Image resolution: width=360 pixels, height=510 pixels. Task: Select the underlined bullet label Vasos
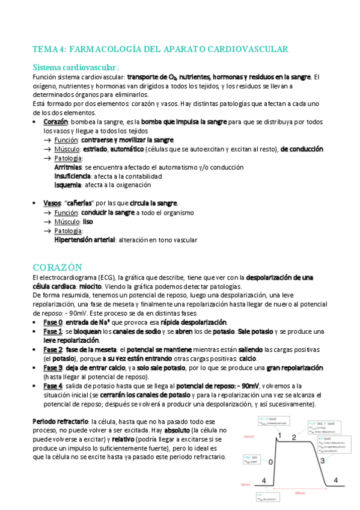click(52, 203)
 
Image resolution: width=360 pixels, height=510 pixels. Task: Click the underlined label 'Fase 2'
click(53, 350)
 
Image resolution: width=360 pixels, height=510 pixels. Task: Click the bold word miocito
click(90, 287)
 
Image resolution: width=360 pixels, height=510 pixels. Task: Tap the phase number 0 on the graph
click(270, 462)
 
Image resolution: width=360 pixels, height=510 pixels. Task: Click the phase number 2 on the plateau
click(294, 437)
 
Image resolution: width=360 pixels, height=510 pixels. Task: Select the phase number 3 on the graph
click(322, 460)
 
